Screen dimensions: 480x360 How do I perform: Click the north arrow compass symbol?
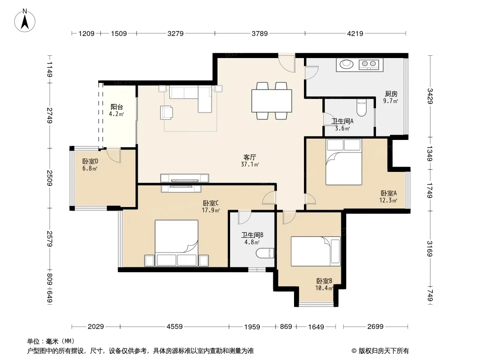(x=25, y=21)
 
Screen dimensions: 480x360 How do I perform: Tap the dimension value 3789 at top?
(x=260, y=33)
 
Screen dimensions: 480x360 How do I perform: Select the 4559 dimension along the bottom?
(x=175, y=327)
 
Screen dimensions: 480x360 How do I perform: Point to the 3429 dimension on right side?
(x=430, y=96)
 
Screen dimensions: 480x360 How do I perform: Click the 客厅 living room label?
(x=249, y=157)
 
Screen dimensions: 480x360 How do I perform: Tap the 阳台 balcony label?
(x=117, y=107)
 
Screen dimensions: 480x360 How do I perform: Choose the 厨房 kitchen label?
(x=391, y=94)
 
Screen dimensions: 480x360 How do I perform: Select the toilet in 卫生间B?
(x=265, y=253)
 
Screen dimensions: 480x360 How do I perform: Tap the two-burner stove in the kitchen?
(x=369, y=64)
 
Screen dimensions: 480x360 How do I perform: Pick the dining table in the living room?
(x=272, y=100)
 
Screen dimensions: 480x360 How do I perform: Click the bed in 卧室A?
(x=344, y=162)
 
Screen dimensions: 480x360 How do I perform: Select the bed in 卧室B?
(x=316, y=251)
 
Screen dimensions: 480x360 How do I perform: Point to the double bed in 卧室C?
(x=177, y=243)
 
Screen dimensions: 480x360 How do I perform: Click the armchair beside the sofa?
(x=167, y=112)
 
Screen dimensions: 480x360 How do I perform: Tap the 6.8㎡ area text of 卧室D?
(x=90, y=168)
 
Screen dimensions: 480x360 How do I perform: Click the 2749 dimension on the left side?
(x=50, y=115)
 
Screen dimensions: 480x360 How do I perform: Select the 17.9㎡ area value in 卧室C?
(x=211, y=210)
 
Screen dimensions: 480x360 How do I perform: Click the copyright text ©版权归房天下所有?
(x=380, y=351)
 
